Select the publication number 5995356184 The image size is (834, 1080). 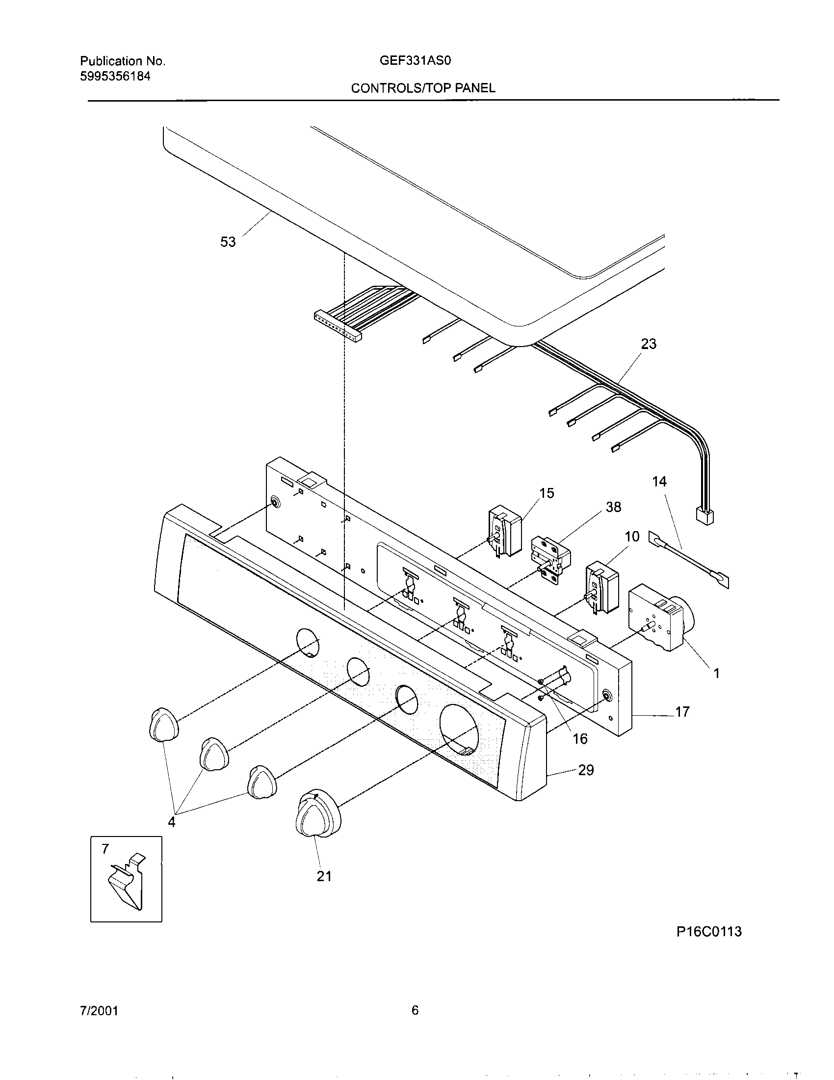[115, 76]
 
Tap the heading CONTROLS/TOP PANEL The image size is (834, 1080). [423, 88]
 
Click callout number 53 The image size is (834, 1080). [228, 243]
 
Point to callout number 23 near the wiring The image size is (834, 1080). [648, 344]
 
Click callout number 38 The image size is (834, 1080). [613, 507]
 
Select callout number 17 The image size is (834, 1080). [682, 712]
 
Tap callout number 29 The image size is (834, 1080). [585, 770]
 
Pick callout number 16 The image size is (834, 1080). [579, 739]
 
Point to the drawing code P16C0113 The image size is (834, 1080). [708, 932]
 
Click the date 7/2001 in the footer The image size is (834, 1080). [99, 1011]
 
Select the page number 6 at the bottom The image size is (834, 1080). [415, 1010]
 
